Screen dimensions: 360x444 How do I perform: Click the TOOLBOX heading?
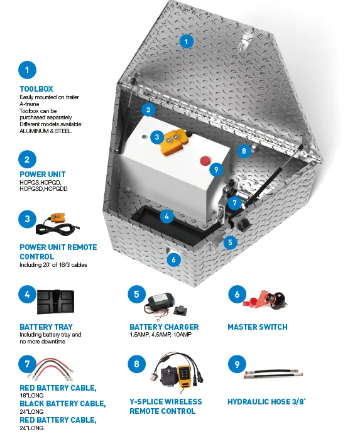36,89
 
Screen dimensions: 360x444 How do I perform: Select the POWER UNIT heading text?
43,175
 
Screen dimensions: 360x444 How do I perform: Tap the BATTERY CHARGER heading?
164,327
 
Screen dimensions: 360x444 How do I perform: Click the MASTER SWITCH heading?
258,327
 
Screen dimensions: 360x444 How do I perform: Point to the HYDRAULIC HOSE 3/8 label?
266,402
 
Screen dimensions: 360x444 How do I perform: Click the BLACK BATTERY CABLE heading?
63,404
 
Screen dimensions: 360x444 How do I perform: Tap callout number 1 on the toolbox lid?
187,41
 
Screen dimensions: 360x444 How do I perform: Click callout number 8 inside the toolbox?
244,151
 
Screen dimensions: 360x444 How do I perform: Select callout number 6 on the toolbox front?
173,259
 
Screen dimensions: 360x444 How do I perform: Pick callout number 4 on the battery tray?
166,217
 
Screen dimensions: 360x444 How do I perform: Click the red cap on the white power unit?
205,160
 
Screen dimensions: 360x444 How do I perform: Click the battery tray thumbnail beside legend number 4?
55,302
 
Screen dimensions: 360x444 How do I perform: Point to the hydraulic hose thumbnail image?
273,374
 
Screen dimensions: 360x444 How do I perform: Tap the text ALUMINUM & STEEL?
45,131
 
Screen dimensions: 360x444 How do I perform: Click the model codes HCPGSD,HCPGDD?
43,189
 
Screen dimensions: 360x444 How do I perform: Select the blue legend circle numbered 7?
27,364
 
